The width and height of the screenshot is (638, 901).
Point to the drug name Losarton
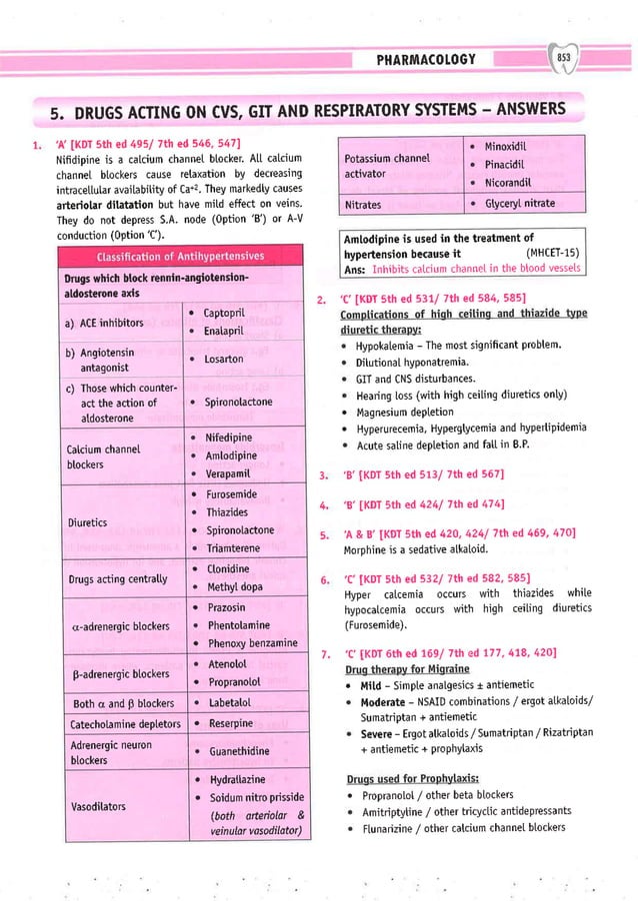221,358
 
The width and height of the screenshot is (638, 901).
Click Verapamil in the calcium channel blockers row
229,473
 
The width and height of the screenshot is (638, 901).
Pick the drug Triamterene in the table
233,548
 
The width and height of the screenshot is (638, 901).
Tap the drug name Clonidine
227,568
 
